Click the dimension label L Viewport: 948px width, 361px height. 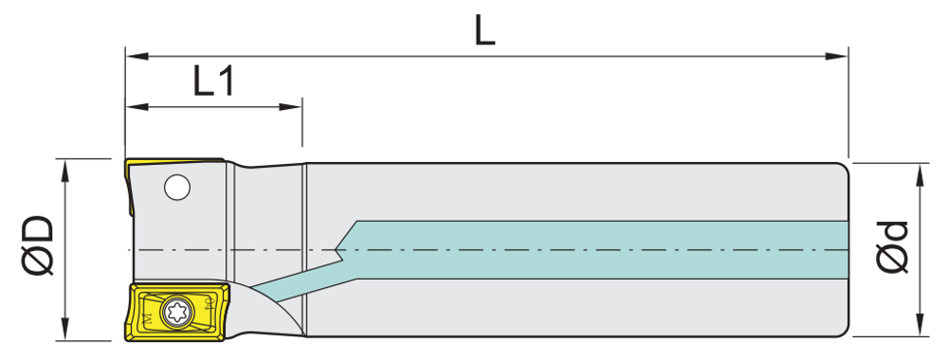click(484, 31)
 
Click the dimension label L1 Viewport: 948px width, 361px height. click(213, 82)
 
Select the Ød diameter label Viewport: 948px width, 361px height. click(892, 248)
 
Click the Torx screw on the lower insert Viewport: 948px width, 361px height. click(177, 313)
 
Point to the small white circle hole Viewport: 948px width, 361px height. click(177, 188)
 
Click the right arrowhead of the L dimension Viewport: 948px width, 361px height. click(837, 56)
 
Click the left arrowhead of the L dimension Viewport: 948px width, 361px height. click(137, 56)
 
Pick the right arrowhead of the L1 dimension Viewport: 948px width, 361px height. click(290, 108)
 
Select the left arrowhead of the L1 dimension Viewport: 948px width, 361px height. click(137, 108)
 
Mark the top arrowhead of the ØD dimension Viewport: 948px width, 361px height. click(65, 171)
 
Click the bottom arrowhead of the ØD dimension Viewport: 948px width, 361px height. click(65, 329)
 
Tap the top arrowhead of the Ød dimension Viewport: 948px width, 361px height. click(921, 174)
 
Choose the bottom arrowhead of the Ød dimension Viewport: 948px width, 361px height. click(921, 325)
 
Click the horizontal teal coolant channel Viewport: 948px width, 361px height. click(598, 250)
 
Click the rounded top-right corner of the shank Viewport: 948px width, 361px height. click(845, 167)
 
